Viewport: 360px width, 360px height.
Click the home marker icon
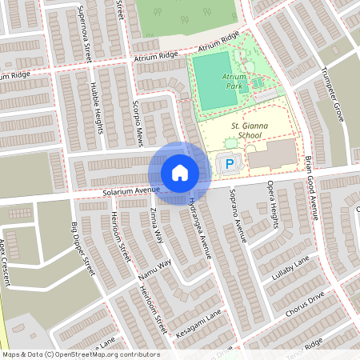pos(179,172)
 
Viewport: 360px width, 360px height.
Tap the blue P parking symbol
pos(229,166)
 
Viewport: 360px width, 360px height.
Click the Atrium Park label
pos(234,80)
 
